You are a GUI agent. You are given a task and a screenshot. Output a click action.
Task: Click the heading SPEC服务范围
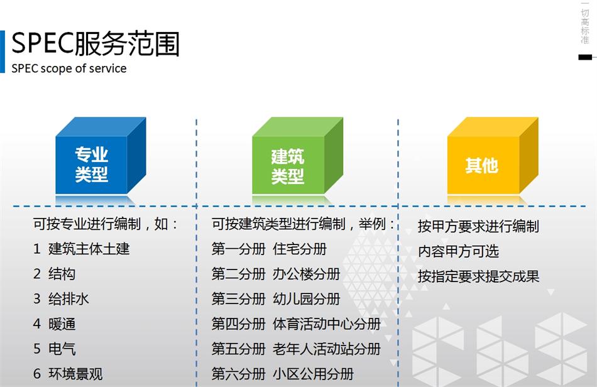tap(96, 43)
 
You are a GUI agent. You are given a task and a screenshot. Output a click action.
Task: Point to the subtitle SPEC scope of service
tap(69, 68)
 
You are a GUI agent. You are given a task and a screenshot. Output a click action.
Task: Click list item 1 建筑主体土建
tap(82, 249)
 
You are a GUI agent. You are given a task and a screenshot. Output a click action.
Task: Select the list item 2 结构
tap(55, 274)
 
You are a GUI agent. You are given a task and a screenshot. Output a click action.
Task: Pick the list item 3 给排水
tap(62, 299)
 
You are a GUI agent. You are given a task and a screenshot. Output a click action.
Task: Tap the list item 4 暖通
tap(55, 324)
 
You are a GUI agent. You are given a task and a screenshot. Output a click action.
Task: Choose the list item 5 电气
tap(55, 349)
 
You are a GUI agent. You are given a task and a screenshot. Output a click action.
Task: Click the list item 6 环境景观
tap(68, 374)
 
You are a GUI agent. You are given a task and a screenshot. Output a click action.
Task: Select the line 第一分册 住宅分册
tap(269, 249)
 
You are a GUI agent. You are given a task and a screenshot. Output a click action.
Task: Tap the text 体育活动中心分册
tap(327, 324)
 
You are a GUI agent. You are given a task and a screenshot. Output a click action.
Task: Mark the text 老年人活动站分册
tap(327, 349)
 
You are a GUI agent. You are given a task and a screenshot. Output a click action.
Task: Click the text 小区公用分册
tap(313, 374)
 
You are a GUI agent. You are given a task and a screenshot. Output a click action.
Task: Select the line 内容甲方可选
tap(458, 251)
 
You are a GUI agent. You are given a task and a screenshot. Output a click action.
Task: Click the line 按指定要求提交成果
tap(478, 276)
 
